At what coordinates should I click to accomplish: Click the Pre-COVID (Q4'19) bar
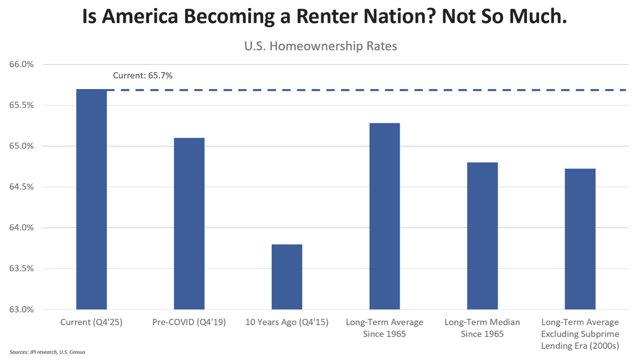189,223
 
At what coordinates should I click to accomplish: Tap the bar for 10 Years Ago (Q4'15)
287,277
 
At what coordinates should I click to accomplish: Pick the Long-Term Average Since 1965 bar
385,216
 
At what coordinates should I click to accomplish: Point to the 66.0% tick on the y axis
22,65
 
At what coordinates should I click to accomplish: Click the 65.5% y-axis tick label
22,105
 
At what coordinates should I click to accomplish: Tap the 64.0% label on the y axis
22,228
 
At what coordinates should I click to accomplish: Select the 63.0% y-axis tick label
22,309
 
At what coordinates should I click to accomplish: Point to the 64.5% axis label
22,187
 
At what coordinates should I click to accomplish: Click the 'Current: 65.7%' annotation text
142,76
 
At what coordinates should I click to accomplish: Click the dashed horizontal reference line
373,90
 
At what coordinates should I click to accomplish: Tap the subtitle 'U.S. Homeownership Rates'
321,46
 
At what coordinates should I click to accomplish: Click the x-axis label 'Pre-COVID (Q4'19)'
189,323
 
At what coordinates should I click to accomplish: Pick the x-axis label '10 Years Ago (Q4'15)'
287,323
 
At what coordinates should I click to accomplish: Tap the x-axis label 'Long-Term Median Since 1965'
482,328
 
